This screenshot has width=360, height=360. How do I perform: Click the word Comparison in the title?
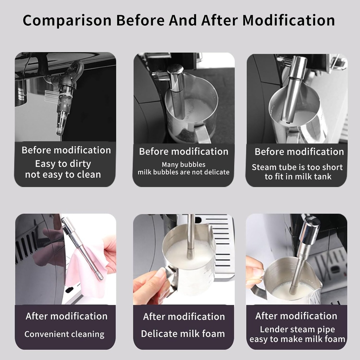67,20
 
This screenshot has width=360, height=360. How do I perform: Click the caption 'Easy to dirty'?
63,164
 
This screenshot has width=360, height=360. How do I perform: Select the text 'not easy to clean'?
63,175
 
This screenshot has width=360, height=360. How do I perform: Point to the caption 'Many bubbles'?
184,164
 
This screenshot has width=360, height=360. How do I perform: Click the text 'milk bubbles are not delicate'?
184,172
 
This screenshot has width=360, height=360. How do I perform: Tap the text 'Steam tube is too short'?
297,167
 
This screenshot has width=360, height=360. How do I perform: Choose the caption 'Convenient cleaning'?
64,334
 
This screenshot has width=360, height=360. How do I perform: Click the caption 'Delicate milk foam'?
183,334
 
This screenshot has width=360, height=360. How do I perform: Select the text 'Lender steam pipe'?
297,329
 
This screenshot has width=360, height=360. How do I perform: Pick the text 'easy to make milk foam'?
297,339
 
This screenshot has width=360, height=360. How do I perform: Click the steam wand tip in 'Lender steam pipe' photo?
293,290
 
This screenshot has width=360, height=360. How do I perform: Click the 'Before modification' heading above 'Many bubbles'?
184,152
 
